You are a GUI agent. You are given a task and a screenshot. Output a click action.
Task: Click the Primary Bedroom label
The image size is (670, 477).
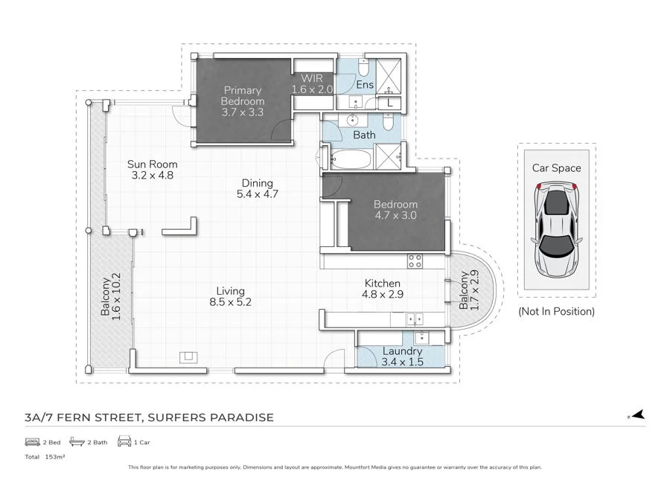pyautogui.click(x=243, y=101)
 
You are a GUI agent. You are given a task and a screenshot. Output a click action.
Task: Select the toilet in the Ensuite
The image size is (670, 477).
pyautogui.click(x=362, y=68)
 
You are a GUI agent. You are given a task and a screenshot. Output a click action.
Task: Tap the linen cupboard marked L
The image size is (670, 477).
pyautogui.click(x=391, y=103)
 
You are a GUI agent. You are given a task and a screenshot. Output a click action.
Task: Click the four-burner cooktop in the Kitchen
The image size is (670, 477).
pyautogui.click(x=415, y=260)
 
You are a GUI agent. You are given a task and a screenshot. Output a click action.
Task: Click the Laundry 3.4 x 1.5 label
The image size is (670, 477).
pyautogui.click(x=402, y=356)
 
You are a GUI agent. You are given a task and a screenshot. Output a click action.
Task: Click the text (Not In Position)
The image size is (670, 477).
pyautogui.click(x=556, y=312)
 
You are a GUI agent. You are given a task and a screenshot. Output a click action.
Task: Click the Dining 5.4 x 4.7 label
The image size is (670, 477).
pyautogui.click(x=257, y=188)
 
